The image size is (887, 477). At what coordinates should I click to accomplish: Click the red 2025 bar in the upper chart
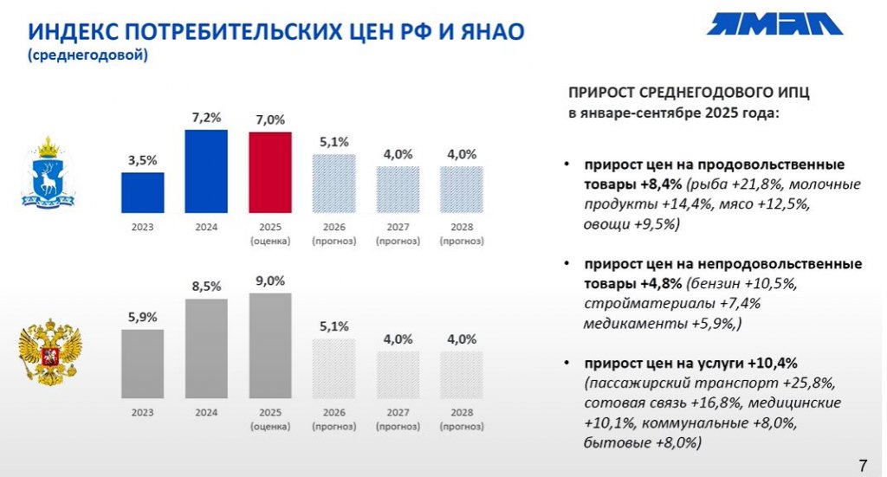pos(270,172)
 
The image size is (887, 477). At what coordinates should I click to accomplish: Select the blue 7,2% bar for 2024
pos(206,171)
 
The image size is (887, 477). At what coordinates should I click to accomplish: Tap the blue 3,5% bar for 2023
pos(142,192)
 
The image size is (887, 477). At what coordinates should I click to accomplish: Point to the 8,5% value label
pos(206,285)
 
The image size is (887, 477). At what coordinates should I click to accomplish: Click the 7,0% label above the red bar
pos(270,119)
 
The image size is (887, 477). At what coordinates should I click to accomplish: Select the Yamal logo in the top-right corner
pos(774,23)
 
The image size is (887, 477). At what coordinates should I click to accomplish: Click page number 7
pos(861,461)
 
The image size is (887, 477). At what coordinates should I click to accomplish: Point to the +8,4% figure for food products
pos(662,184)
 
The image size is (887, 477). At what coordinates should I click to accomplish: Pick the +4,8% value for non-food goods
pos(662,283)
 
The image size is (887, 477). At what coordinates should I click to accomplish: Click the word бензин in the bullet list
pos(717,283)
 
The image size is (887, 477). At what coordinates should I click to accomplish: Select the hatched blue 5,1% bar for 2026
pos(334,184)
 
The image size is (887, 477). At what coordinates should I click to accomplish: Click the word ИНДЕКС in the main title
pos(75,32)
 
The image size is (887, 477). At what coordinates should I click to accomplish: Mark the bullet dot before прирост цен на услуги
pos(566,362)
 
